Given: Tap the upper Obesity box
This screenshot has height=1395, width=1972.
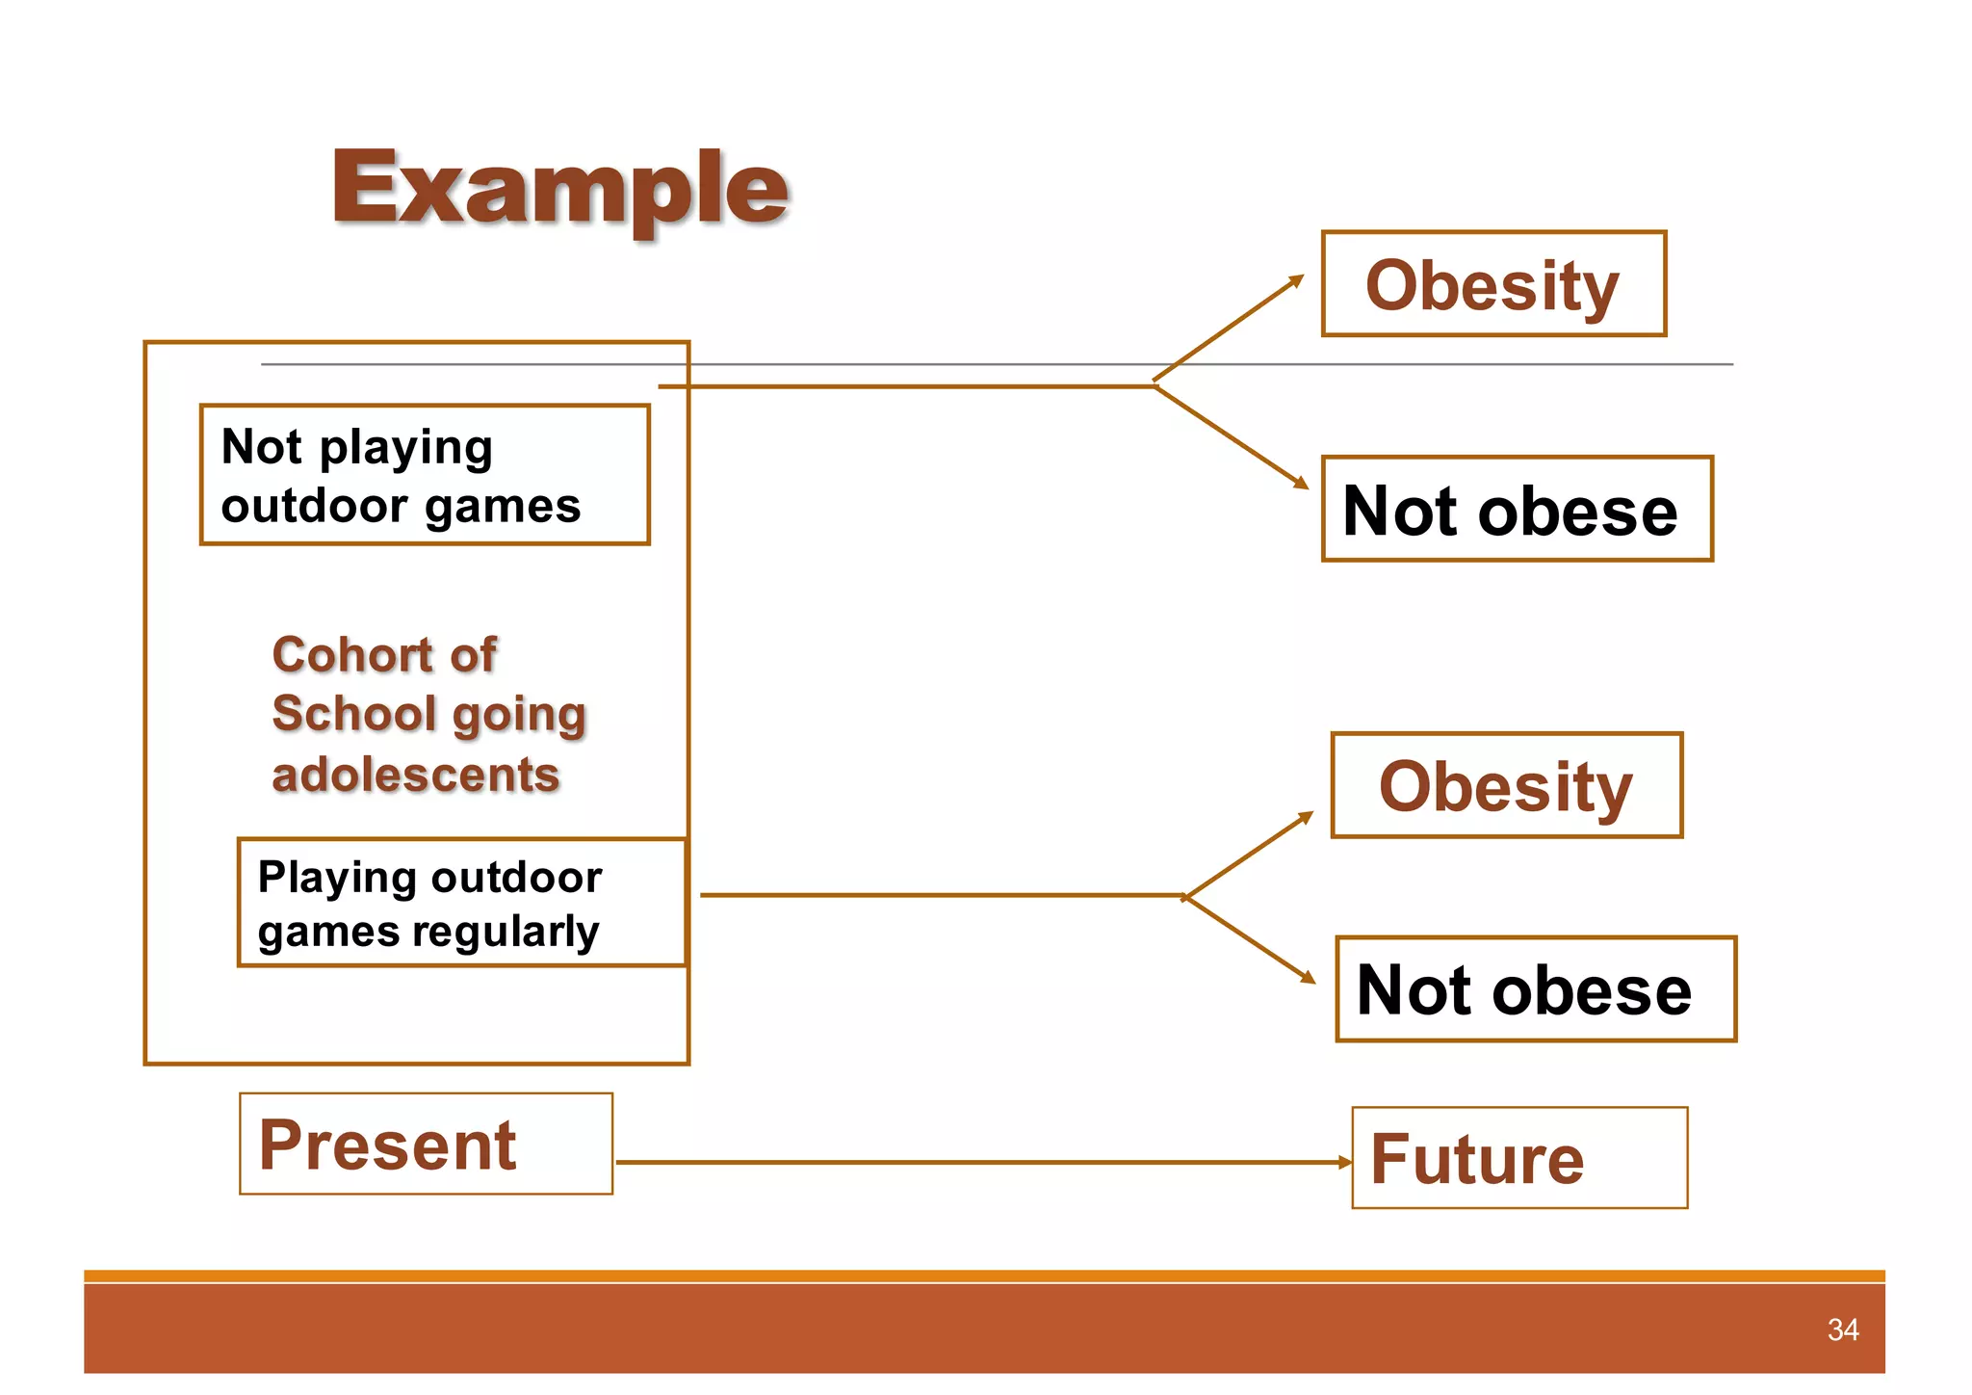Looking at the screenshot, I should (1493, 284).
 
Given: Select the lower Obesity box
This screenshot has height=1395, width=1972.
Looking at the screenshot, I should (1507, 785).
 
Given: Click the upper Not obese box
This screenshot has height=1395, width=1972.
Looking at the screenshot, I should (1517, 510).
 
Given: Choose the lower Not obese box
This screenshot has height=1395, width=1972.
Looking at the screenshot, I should (1535, 989).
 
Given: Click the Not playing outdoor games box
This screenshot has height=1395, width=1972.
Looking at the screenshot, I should (425, 475).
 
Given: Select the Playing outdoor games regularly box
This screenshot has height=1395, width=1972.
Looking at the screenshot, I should (461, 903).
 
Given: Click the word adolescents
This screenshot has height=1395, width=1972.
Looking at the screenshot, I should (415, 776).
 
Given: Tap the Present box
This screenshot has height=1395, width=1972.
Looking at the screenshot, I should (426, 1145).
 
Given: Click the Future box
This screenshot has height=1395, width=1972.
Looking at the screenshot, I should (1518, 1158).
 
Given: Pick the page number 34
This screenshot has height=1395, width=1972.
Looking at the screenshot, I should (1842, 1330).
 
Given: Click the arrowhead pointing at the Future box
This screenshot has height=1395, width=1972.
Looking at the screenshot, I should (1345, 1163).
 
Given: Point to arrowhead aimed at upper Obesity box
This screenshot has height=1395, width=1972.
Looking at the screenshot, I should (1297, 280).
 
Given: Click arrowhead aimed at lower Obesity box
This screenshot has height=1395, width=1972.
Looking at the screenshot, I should (1307, 817).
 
